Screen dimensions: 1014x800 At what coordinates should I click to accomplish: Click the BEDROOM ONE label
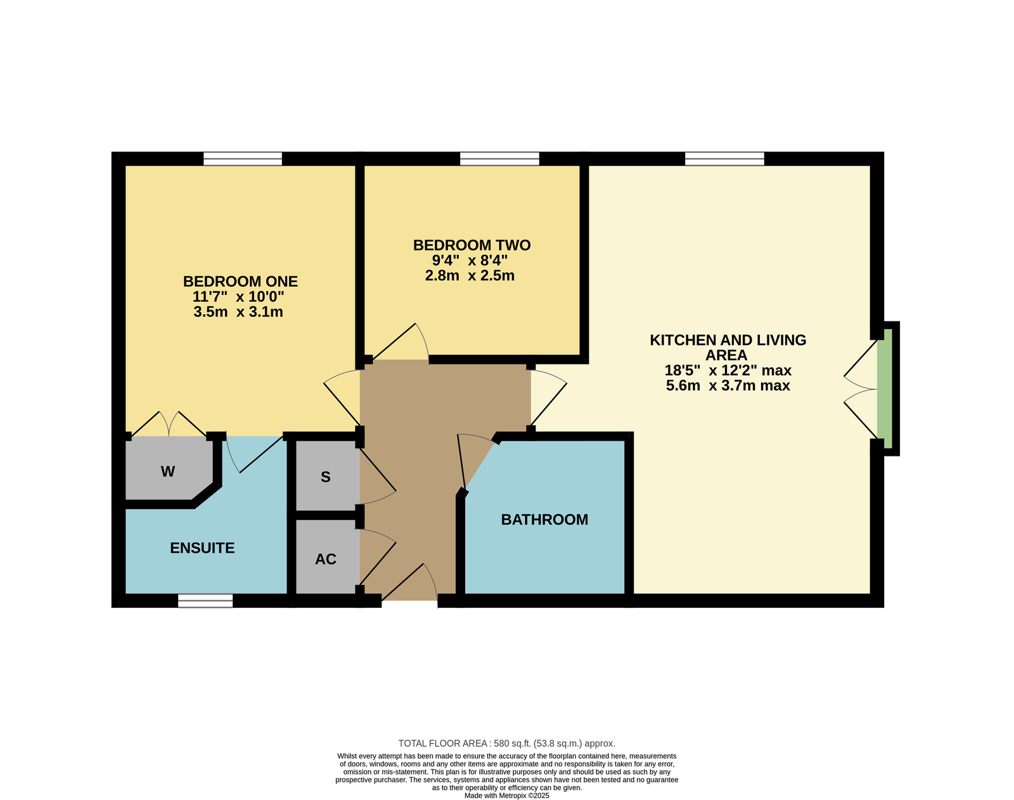tap(240, 281)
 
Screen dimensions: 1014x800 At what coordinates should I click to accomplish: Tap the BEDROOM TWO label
tap(472, 245)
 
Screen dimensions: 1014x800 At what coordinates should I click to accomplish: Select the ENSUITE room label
tap(202, 548)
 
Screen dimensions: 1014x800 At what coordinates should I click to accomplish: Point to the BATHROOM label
tap(544, 520)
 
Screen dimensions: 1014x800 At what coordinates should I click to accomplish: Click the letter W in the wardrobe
tap(168, 472)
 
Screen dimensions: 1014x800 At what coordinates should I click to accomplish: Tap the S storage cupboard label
tap(326, 477)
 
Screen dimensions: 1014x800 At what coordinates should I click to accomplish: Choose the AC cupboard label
tap(326, 559)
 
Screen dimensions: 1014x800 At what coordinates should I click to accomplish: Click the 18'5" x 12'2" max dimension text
tap(728, 370)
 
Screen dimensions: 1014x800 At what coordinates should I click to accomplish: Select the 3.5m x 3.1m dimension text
tap(238, 312)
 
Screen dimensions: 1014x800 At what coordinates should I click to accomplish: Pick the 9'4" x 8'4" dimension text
tap(470, 261)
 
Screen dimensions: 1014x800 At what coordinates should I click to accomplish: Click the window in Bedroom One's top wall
tap(243, 159)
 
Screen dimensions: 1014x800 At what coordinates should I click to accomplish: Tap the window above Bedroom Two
tap(499, 159)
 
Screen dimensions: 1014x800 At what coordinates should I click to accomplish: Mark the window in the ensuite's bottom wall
tap(205, 600)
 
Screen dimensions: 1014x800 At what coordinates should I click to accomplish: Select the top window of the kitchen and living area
tap(724, 159)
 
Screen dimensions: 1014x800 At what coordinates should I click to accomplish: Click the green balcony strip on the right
tap(888, 389)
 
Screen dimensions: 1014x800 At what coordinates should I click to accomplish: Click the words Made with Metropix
tap(495, 796)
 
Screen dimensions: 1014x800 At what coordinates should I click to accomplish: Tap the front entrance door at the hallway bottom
tap(409, 583)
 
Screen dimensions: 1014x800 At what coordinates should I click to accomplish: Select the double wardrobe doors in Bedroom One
tap(169, 424)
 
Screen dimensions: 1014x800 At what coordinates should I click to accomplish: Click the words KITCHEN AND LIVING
tap(728, 340)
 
